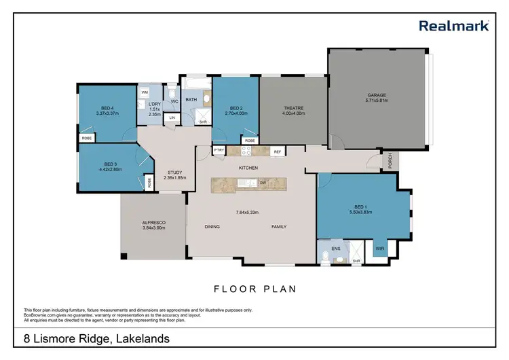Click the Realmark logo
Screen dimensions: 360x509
(454, 26)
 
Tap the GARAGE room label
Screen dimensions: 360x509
(377, 95)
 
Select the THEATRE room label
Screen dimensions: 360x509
(293, 107)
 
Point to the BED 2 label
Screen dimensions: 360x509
(235, 107)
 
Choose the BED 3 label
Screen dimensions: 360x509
(111, 164)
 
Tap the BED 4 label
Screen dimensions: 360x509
(107, 107)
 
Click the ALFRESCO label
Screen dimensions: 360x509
(154, 223)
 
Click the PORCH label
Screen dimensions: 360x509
(390, 161)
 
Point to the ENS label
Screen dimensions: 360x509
(336, 249)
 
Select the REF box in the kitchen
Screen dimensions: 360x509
(277, 151)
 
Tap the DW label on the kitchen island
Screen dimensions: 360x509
(262, 183)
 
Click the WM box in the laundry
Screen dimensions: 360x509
(145, 92)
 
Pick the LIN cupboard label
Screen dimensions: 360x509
(172, 118)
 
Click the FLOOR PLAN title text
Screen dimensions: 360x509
(254, 289)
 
